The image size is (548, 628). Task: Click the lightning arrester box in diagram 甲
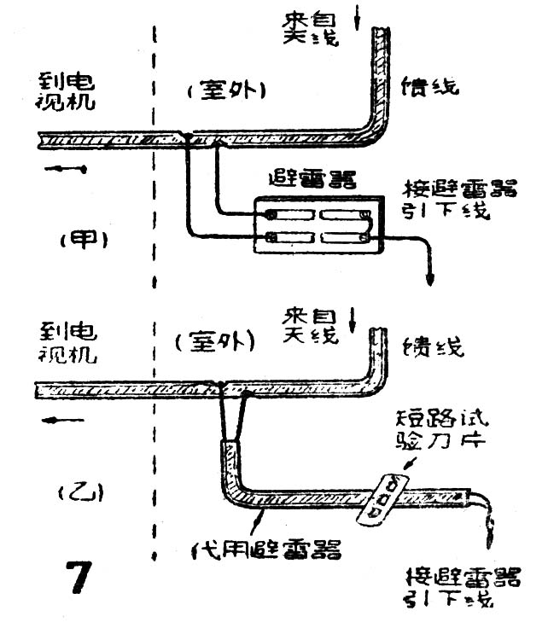point(318,225)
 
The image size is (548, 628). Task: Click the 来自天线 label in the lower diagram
point(308,325)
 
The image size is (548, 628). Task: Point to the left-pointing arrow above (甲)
point(66,168)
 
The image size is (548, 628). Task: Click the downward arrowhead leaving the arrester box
point(428,281)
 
